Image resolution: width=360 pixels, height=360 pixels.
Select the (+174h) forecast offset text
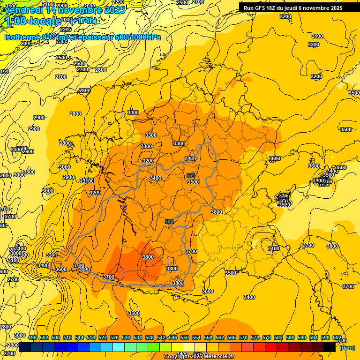pos(83,21)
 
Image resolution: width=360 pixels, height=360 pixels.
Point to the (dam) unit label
pos(347,347)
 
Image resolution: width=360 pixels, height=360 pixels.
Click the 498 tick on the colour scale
pos(32,337)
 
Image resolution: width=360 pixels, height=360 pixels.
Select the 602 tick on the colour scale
pos(337,337)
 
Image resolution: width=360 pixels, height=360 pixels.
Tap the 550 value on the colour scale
pos(185,337)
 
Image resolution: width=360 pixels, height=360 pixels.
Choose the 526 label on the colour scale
pos(114,337)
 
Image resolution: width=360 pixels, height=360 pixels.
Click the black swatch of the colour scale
pos(330,347)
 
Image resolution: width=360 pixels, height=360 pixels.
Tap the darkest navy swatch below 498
pos(25,347)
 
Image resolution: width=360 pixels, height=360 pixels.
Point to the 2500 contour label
pos(61,58)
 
